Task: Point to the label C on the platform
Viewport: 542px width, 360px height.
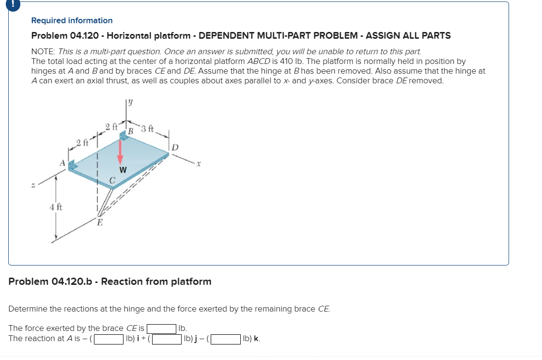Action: tap(112, 181)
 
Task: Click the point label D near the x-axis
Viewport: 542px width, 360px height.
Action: tap(175, 147)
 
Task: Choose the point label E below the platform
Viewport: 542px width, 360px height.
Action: tap(100, 223)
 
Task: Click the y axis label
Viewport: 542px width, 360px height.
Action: tap(130, 103)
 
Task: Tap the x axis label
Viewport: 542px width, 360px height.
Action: tap(198, 164)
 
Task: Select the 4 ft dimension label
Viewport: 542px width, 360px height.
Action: tap(56, 207)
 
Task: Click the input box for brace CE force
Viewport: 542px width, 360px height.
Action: tap(161, 329)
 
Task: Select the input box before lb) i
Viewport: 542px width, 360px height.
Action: tap(108, 339)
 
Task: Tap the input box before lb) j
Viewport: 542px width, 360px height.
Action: tap(167, 339)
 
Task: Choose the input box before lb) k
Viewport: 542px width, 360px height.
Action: tap(225, 339)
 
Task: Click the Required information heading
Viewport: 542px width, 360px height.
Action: tap(72, 20)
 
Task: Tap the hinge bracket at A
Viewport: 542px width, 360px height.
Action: tap(73, 166)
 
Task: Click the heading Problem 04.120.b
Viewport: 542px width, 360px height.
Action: tap(110, 282)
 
